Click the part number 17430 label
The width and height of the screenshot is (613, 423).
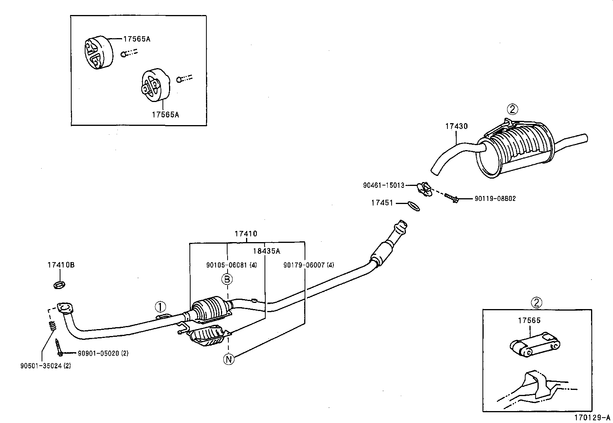(456, 126)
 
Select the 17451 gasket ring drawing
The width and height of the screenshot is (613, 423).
(413, 206)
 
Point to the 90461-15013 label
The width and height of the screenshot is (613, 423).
(384, 185)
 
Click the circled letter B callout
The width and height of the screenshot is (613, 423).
(227, 279)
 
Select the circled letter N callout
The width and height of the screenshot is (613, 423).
(229, 359)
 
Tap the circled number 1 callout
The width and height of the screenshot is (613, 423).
(160, 307)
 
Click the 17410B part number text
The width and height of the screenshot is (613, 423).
(61, 265)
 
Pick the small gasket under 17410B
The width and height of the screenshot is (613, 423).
(59, 285)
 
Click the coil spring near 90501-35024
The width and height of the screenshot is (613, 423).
(53, 326)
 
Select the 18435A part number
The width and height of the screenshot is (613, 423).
(266, 251)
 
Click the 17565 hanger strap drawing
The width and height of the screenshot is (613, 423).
(534, 345)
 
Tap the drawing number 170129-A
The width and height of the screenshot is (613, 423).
(593, 418)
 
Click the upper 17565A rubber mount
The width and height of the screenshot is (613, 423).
(97, 53)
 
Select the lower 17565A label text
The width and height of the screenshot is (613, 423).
(166, 114)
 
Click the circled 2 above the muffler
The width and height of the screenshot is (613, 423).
(512, 110)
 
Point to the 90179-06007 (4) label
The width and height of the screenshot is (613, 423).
(308, 265)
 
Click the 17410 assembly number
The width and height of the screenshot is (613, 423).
(246, 234)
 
